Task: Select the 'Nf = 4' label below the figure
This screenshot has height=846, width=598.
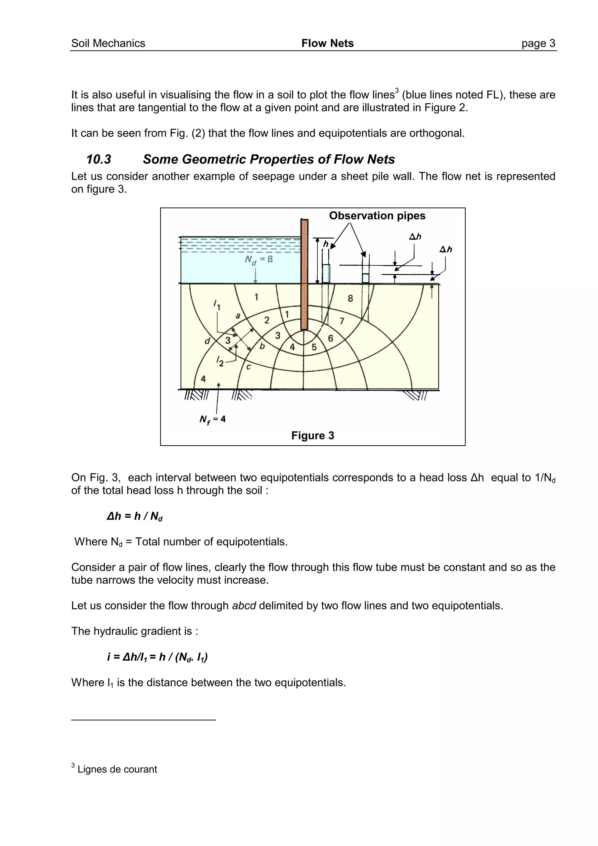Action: click(212, 419)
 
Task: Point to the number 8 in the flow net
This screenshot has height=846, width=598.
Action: click(350, 298)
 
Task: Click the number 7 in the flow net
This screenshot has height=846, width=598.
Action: click(342, 321)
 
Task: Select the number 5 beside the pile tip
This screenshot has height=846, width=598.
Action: click(314, 347)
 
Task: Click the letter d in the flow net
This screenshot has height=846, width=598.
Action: click(207, 341)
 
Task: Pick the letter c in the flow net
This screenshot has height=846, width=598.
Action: click(248, 367)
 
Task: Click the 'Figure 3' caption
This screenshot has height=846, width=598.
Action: click(312, 436)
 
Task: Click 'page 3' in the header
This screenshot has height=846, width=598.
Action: click(538, 43)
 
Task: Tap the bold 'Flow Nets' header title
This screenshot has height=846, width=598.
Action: click(327, 43)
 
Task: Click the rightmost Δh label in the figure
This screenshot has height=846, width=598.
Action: click(446, 250)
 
